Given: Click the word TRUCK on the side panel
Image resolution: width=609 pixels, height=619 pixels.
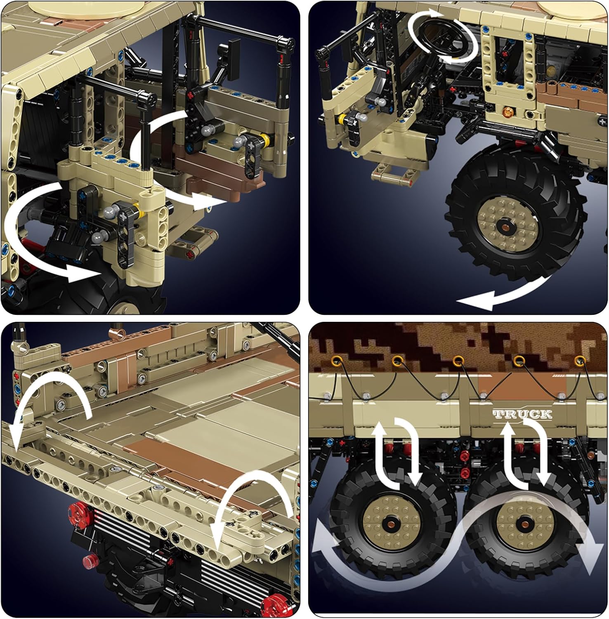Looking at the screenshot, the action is (522, 414).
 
